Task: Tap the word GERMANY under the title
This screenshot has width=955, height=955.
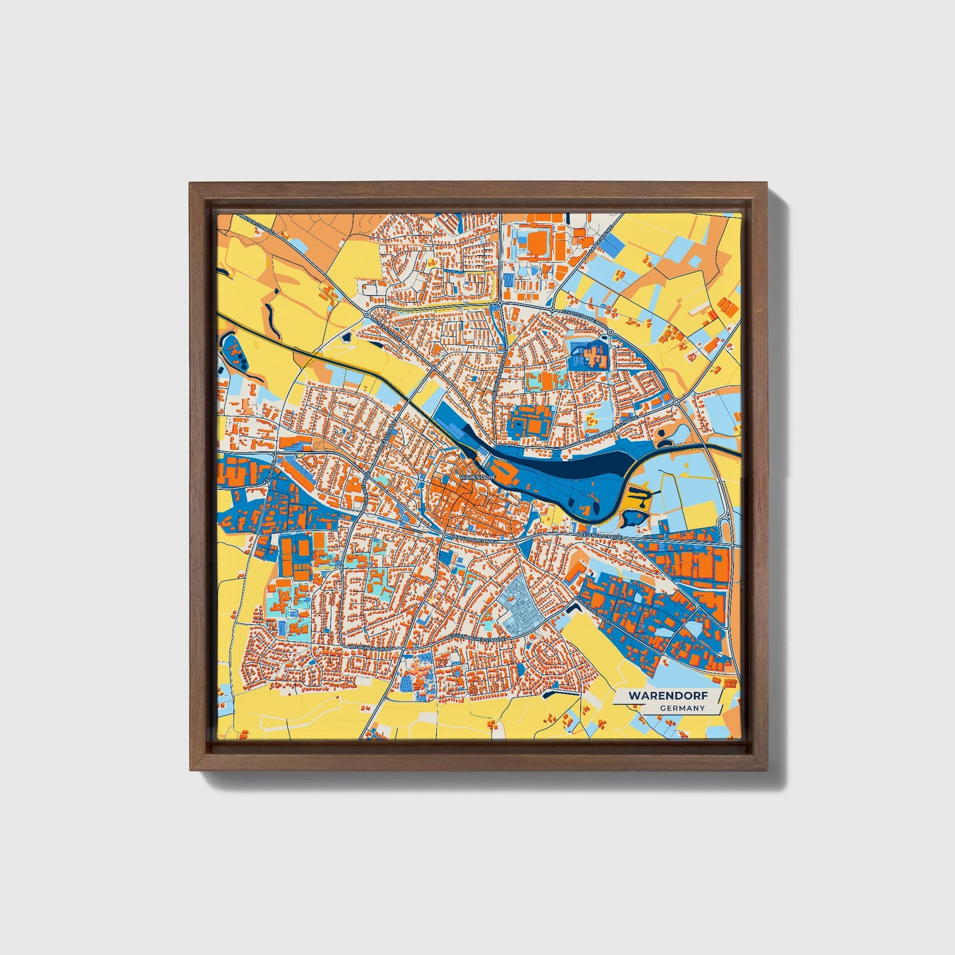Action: tap(682, 708)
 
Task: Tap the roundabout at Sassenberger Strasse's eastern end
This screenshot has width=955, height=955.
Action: tap(677, 402)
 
